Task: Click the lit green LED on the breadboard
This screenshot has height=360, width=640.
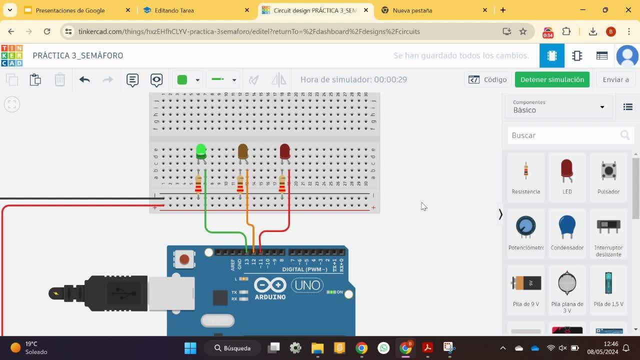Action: (201, 151)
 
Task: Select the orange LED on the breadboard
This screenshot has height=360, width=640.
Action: (243, 151)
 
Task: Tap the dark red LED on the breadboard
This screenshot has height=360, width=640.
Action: (284, 151)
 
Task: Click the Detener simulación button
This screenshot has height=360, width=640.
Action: (552, 79)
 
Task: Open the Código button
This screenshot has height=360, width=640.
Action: (487, 79)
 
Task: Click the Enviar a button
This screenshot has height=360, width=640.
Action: (615, 79)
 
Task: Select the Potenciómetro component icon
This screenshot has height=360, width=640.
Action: (525, 227)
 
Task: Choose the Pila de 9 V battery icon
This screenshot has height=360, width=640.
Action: (525, 283)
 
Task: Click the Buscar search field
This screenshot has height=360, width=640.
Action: (562, 135)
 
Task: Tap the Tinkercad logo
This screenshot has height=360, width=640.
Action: (11, 55)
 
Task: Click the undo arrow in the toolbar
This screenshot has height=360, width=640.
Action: (84, 79)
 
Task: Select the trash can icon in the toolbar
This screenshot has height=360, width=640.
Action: (59, 79)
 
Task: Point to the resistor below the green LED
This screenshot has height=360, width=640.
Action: (198, 183)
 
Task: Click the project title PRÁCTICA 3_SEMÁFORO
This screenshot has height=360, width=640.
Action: (78, 55)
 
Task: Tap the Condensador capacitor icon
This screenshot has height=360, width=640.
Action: (567, 227)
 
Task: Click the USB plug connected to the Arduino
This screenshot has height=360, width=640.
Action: (115, 293)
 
